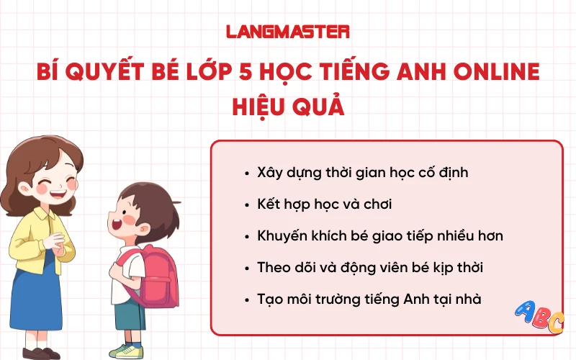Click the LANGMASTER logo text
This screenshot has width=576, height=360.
[288, 32]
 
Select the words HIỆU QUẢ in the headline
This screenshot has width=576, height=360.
[288, 107]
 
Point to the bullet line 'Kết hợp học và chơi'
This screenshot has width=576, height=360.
[324, 204]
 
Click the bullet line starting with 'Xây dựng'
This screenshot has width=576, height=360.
[362, 173]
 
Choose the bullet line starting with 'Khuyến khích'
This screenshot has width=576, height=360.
[379, 235]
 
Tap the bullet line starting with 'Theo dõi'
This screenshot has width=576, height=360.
[369, 267]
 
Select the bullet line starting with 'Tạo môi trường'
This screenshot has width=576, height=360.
[369, 299]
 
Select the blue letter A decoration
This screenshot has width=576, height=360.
[526, 312]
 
